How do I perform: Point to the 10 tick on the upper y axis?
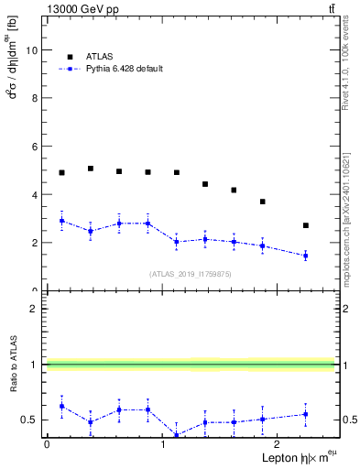[35, 50]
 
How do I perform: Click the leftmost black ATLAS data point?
[61, 172]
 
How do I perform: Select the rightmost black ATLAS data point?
[306, 225]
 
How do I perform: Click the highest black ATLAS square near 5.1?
[91, 169]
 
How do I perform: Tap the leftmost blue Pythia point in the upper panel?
[61, 221]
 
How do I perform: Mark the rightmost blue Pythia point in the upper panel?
[306, 256]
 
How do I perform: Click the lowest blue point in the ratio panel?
[176, 435]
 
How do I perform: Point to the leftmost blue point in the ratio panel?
[61, 406]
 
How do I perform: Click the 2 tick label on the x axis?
[278, 444]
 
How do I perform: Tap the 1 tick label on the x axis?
[162, 444]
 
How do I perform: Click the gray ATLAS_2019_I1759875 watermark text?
[191, 273]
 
